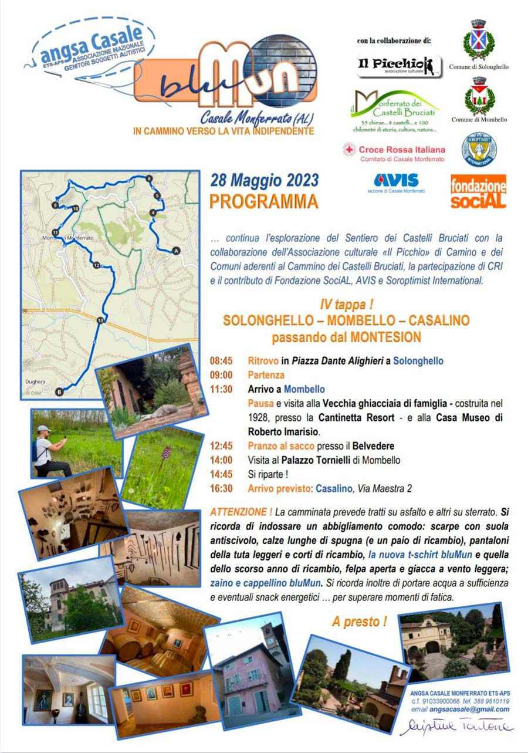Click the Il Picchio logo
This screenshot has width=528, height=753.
[x=400, y=66]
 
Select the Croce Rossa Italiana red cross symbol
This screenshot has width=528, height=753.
[x=350, y=150]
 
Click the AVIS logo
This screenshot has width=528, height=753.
[x=396, y=180]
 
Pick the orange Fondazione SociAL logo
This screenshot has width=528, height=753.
[x=478, y=191]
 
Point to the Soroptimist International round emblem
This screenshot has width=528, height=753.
[x=479, y=149]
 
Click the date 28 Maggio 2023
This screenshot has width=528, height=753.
[x=265, y=180]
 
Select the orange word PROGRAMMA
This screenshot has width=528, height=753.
[x=263, y=201]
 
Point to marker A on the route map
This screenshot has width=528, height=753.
[x=175, y=251]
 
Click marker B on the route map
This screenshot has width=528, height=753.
[x=59, y=391]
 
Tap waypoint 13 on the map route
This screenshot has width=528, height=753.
[x=100, y=320]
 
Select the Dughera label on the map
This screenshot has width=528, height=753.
[x=35, y=381]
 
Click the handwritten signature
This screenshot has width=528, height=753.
[x=455, y=726]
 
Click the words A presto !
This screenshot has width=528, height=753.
[x=359, y=622]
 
